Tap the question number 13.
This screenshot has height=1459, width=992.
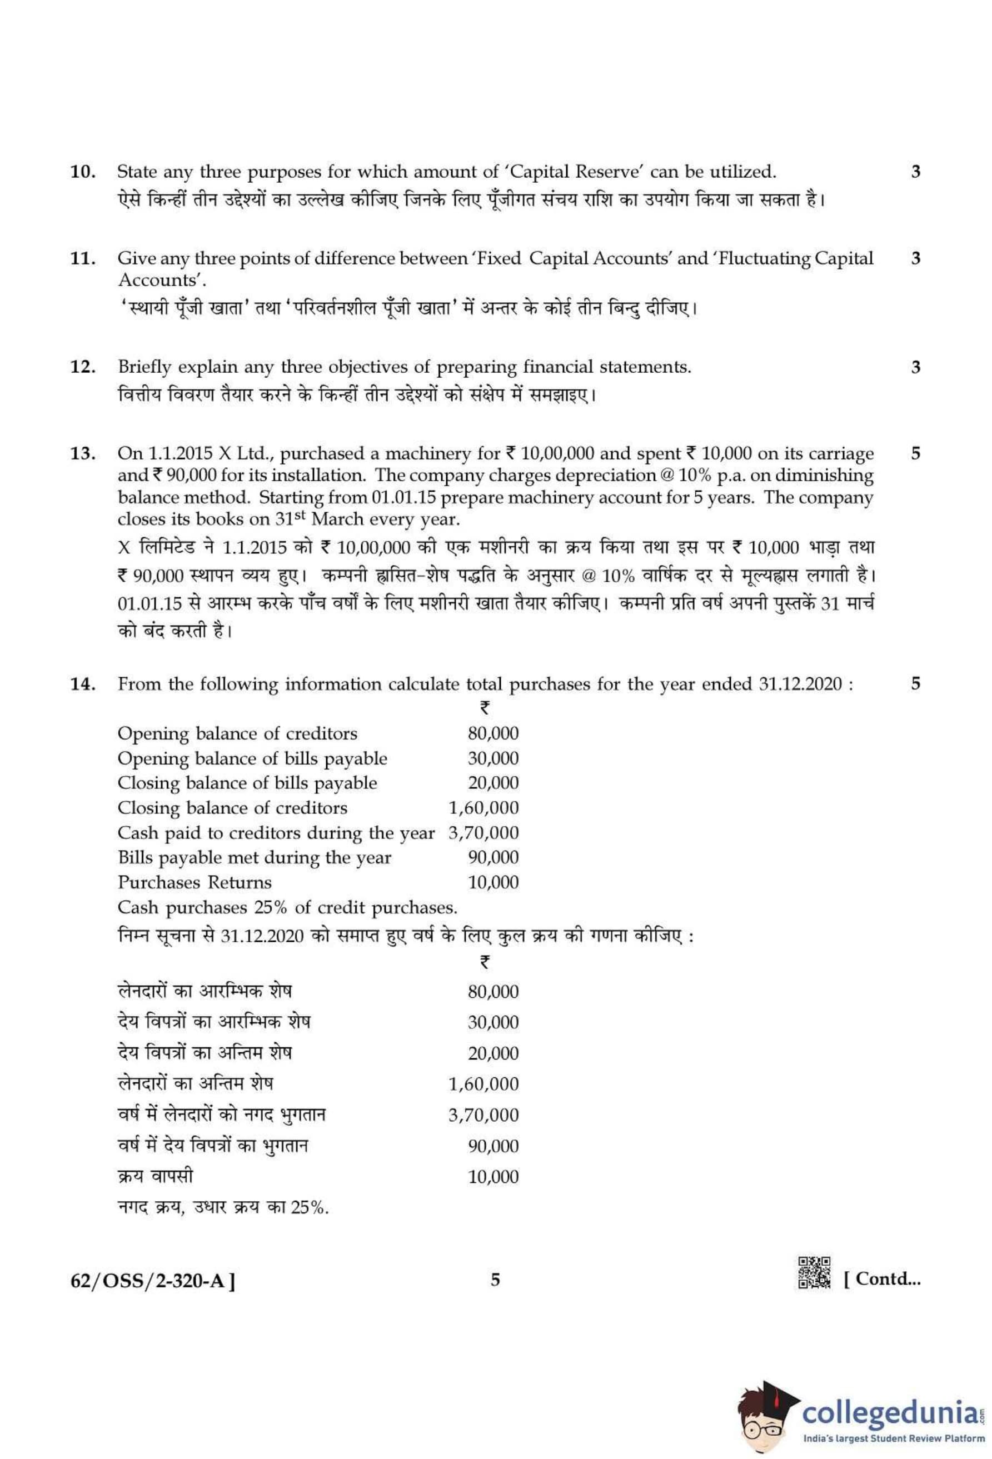tap(82, 454)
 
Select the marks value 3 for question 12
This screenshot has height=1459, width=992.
tap(915, 367)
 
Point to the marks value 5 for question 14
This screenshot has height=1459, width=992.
tap(915, 684)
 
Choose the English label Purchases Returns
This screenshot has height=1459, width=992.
tap(195, 883)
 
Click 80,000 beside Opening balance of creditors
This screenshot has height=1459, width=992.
tap(493, 734)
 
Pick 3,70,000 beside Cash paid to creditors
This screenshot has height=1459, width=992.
tap(483, 833)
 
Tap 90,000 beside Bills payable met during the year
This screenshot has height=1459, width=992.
tap(493, 858)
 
